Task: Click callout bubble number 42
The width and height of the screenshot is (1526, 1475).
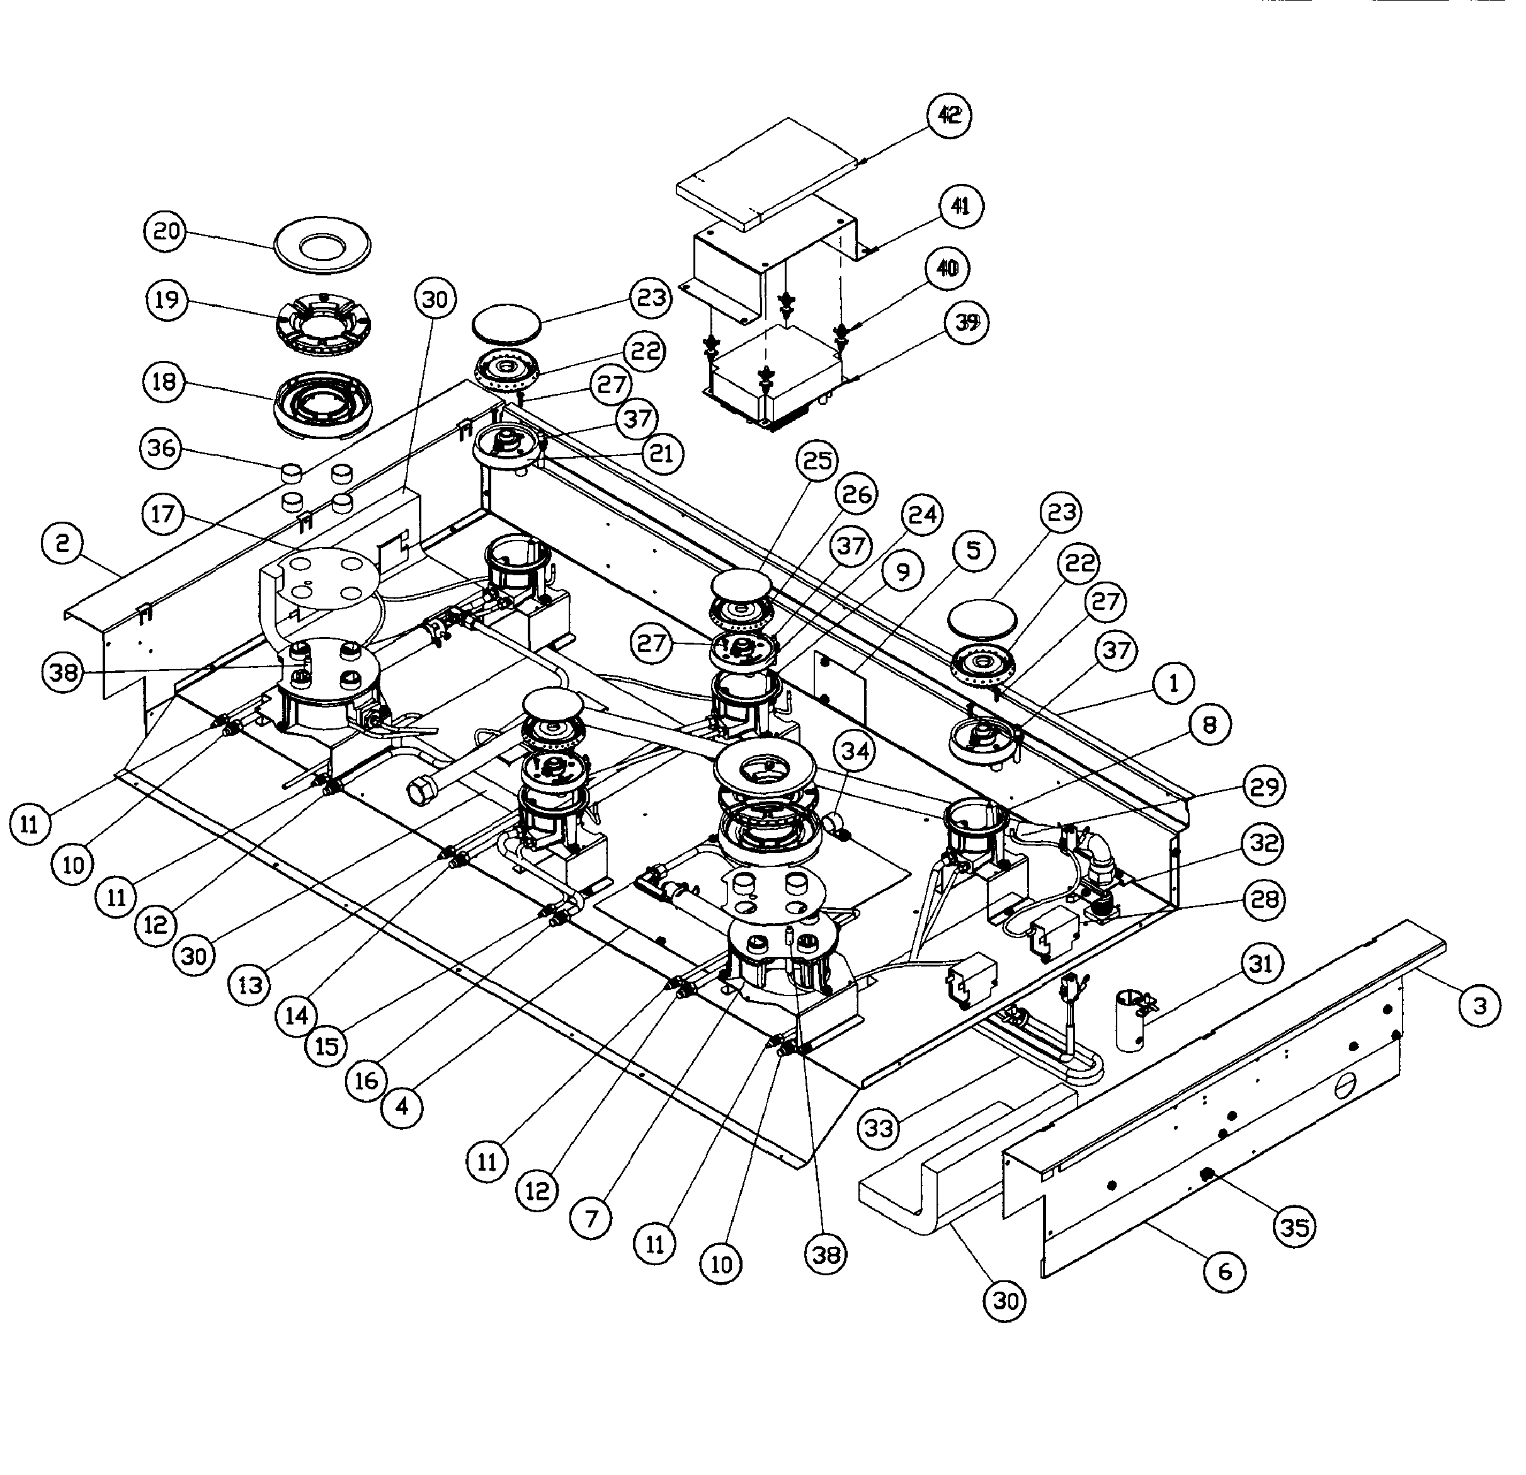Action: click(x=949, y=115)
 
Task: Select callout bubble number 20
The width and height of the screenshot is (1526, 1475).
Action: click(x=166, y=231)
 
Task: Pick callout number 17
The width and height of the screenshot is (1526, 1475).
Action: click(x=162, y=514)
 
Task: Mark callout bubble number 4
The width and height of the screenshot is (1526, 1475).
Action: click(x=402, y=1106)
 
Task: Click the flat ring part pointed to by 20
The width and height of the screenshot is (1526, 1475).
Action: click(x=322, y=246)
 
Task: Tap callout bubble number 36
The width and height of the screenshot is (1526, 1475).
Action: click(x=161, y=449)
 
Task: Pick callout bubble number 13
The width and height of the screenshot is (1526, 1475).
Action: click(x=250, y=985)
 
